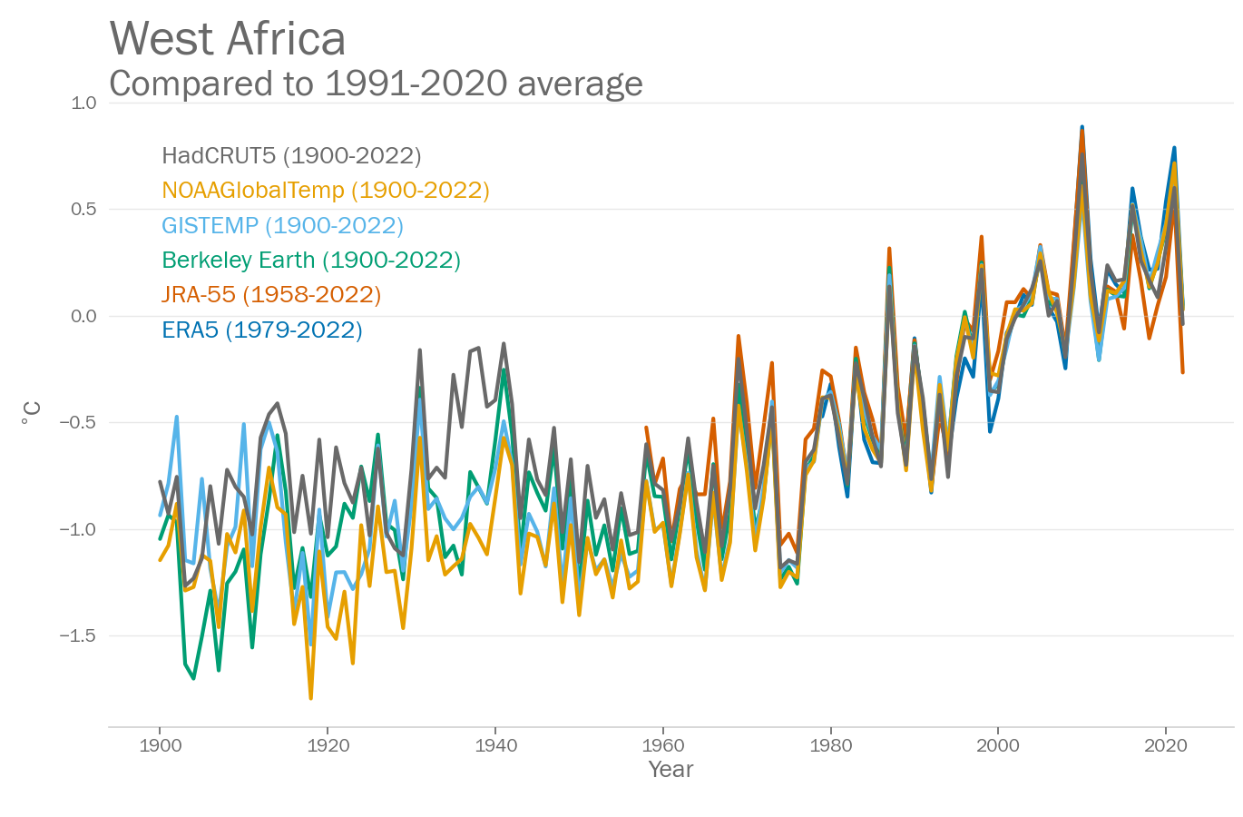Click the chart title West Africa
[x=228, y=39]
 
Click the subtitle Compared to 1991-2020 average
[x=376, y=84]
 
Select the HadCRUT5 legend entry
[x=291, y=156]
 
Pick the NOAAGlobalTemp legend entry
[x=326, y=191]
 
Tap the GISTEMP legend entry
[x=282, y=225]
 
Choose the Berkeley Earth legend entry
[x=311, y=261]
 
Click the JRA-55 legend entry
[x=271, y=295]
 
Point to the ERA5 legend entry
[x=262, y=330]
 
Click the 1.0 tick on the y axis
[x=83, y=103]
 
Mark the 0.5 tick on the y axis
[x=83, y=210]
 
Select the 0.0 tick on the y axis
[x=83, y=316]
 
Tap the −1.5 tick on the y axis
[x=78, y=635]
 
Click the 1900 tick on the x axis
[x=161, y=746]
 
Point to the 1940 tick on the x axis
[x=495, y=746]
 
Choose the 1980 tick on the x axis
[x=830, y=746]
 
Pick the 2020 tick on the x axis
[x=1166, y=746]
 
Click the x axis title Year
[x=670, y=770]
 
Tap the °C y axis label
[x=32, y=414]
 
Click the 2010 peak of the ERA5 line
[x=1082, y=127]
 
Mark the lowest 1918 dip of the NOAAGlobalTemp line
[x=310, y=698]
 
